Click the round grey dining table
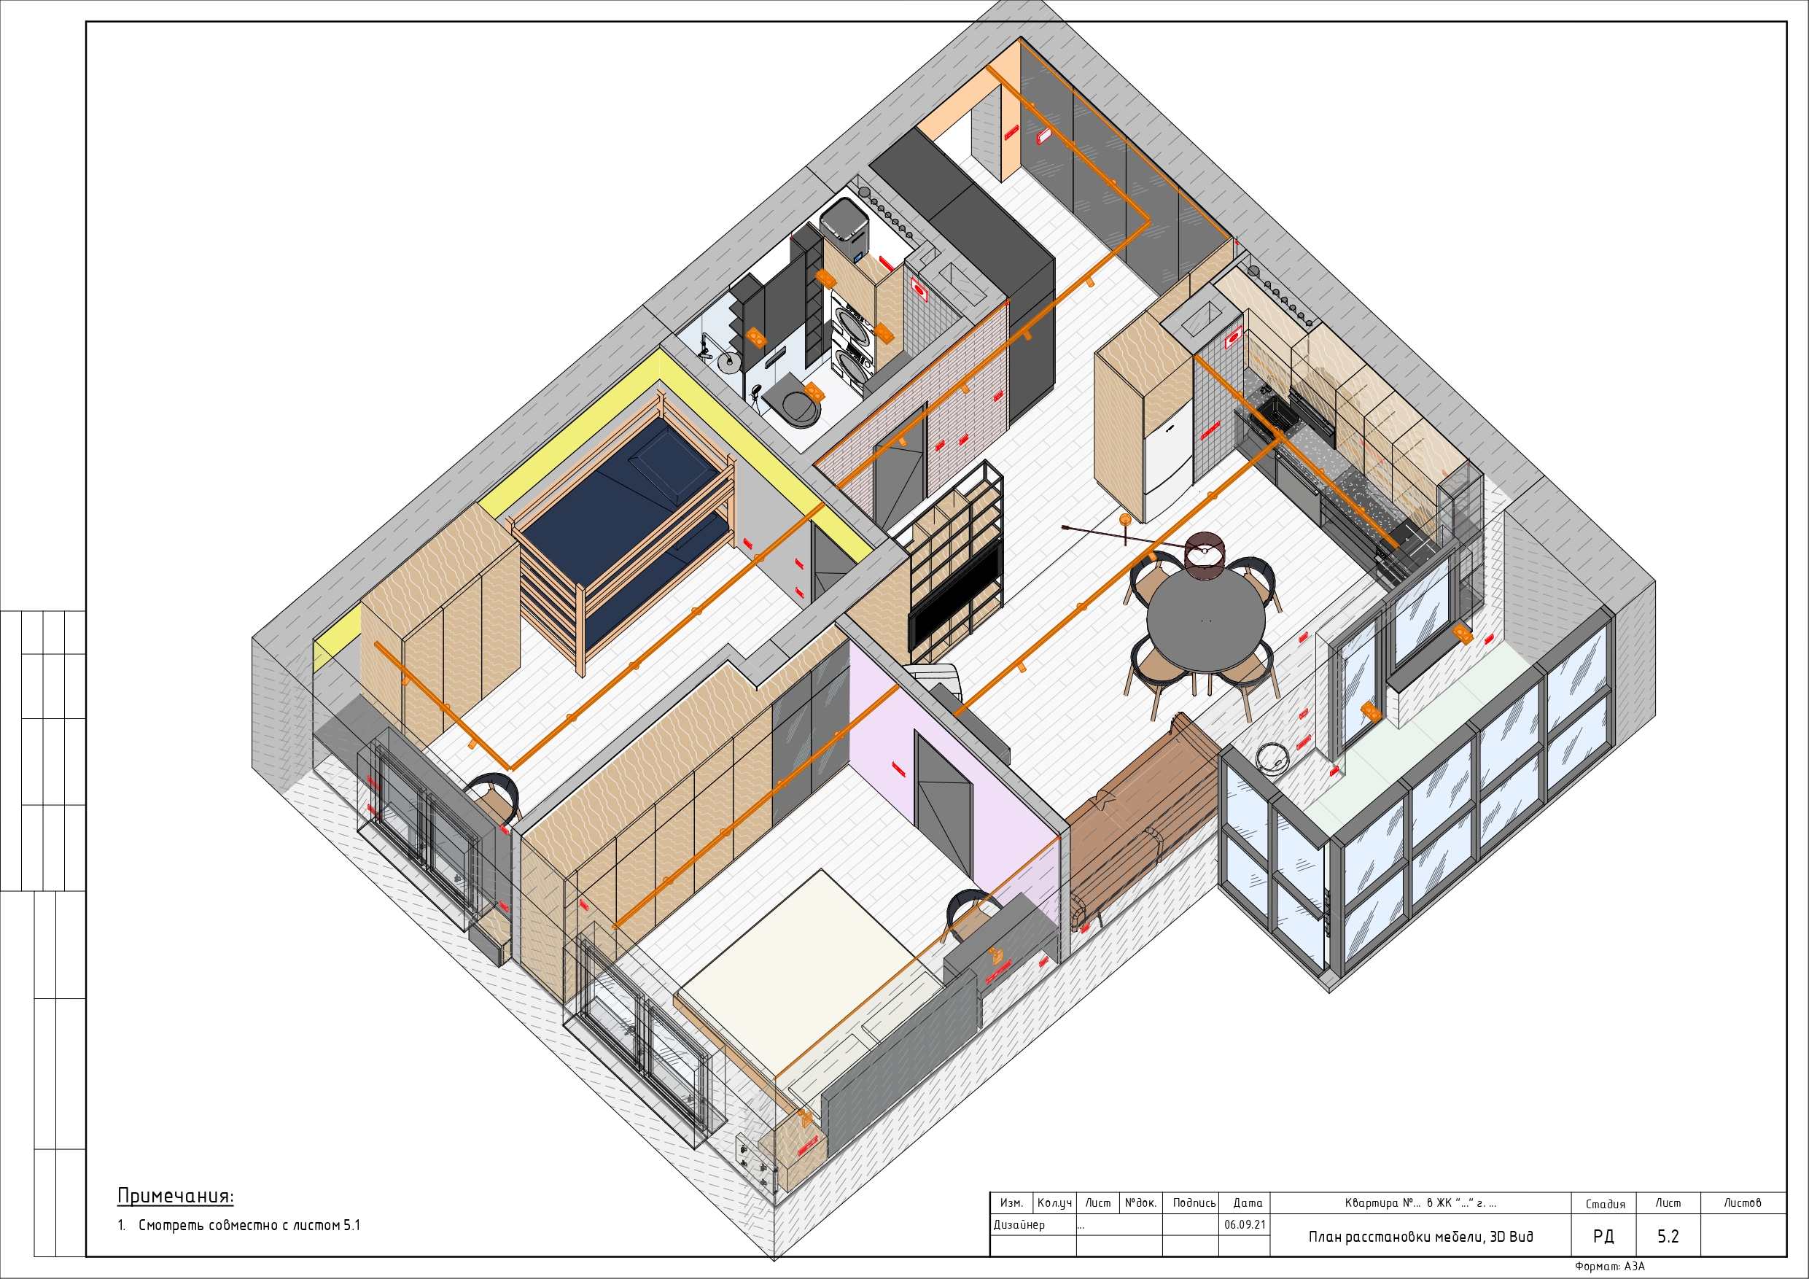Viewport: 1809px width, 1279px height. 1205,621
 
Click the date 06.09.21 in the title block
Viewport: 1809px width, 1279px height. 1245,1224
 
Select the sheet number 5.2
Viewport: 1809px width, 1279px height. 1668,1236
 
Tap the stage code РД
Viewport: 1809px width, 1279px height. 1603,1236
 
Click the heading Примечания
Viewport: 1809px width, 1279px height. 176,1195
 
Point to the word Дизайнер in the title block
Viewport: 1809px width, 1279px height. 1019,1224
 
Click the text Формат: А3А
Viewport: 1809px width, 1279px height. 1610,1267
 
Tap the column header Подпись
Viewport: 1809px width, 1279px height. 1194,1202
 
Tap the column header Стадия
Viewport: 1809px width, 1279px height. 1605,1203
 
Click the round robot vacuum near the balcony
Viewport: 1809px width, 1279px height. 1270,756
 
